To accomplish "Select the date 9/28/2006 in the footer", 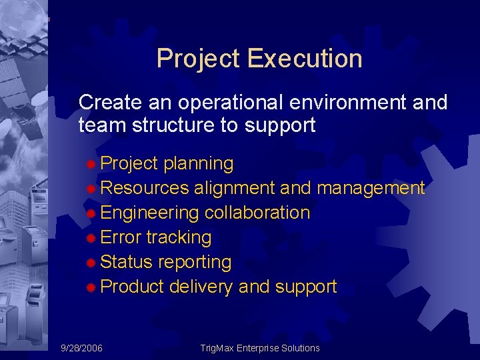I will coord(82,348).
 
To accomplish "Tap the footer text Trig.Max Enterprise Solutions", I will coord(260,348).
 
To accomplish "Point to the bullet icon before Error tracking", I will coord(92,238).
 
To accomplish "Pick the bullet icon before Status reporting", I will coord(92,263).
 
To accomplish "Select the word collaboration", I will coord(257,213).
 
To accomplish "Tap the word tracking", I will coord(179,238).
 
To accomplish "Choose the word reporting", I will coord(195,263).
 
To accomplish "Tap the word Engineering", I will coord(149,213).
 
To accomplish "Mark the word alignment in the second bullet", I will coord(235,189).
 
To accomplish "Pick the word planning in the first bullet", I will coord(198,164).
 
